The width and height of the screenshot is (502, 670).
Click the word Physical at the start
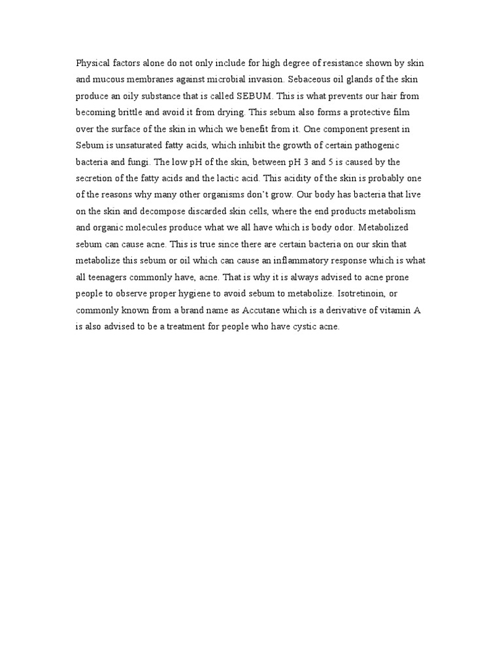click(92, 63)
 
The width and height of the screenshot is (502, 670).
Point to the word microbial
click(248, 79)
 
